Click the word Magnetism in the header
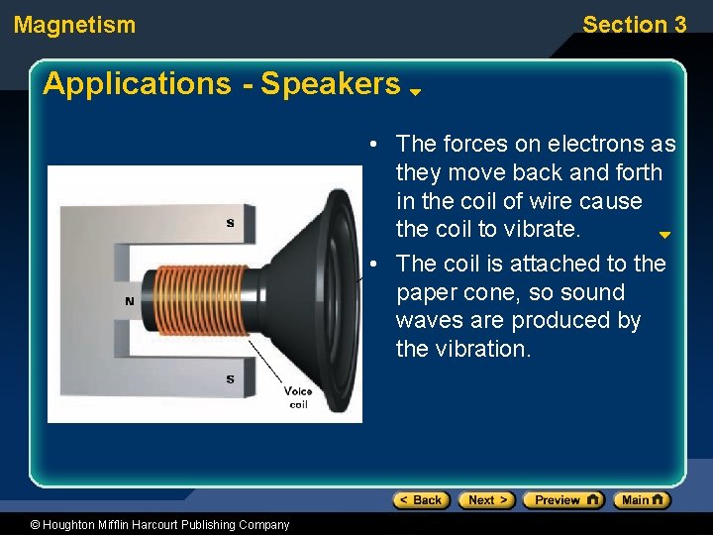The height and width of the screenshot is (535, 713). pyautogui.click(x=74, y=25)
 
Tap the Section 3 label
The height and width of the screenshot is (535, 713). pyautogui.click(x=634, y=25)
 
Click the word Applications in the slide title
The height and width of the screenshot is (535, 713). pyautogui.click(x=137, y=84)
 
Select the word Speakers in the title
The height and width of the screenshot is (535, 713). pyautogui.click(x=330, y=84)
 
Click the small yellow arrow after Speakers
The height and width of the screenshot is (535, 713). pyautogui.click(x=416, y=91)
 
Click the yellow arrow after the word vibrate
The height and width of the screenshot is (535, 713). pyautogui.click(x=664, y=236)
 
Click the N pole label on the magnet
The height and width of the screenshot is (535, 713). pyautogui.click(x=129, y=301)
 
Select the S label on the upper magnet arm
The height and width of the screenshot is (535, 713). pyautogui.click(x=231, y=224)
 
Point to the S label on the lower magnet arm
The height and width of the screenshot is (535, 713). pyautogui.click(x=231, y=378)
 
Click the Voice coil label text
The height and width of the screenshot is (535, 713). pyautogui.click(x=298, y=397)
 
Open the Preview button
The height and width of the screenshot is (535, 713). pyautogui.click(x=562, y=500)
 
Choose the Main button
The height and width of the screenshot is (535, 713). pyautogui.click(x=642, y=500)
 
